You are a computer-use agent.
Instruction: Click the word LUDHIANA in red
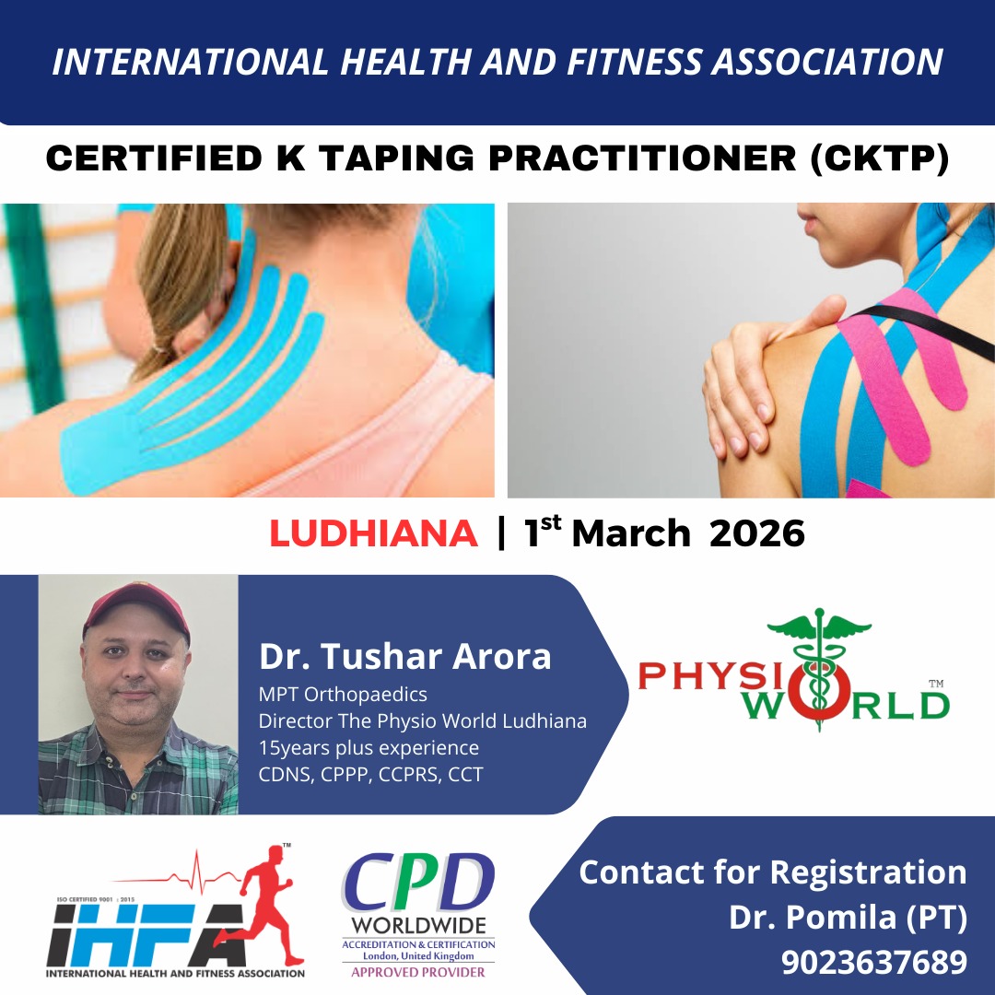click(373, 534)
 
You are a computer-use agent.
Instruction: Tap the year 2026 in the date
click(756, 534)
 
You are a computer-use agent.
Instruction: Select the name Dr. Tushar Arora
click(405, 657)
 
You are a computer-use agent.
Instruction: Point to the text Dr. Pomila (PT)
click(848, 917)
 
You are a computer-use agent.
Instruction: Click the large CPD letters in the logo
click(418, 884)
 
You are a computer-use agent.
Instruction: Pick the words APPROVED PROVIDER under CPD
click(418, 972)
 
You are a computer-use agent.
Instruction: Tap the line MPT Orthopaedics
click(343, 694)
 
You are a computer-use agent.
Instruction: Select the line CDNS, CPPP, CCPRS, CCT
click(370, 774)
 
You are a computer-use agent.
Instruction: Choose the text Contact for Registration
click(772, 872)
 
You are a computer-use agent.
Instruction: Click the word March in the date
click(631, 534)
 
